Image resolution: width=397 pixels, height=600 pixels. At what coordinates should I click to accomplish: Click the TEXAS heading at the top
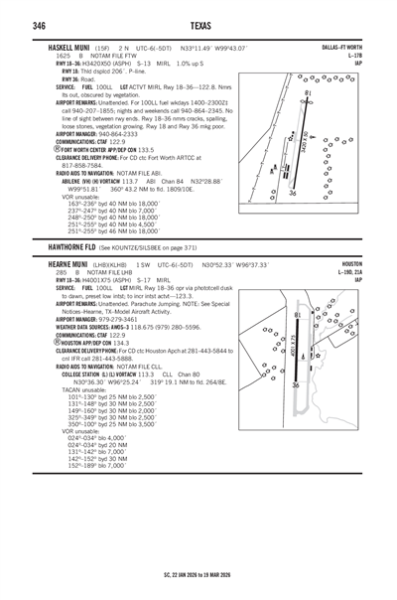pyautogui.click(x=198, y=25)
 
